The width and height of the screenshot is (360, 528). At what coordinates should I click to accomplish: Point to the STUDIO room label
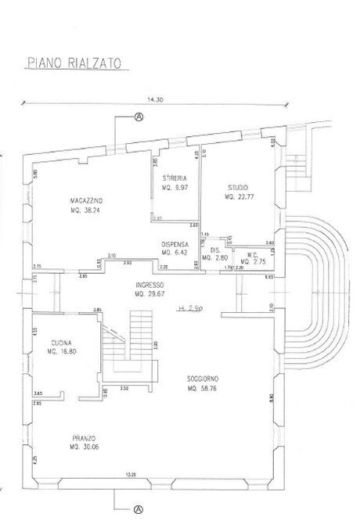[239, 189]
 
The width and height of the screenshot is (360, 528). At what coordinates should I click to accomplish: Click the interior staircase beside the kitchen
[129, 344]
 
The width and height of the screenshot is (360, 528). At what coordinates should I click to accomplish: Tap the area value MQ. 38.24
[87, 210]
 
